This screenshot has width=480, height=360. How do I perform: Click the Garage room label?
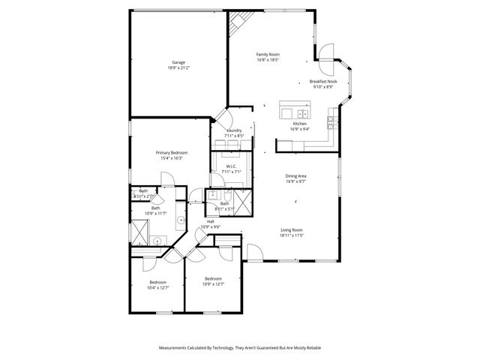coord(178,62)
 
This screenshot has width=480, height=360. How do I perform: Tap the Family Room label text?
coord(267,55)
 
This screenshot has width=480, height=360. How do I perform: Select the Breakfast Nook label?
coord(322,82)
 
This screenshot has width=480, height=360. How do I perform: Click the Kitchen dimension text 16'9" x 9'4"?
coord(299,129)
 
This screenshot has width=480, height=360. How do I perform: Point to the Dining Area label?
coord(295,176)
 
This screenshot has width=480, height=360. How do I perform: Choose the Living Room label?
coord(291,230)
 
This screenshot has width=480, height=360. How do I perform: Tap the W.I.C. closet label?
coord(231,166)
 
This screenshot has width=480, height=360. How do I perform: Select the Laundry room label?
coord(233,130)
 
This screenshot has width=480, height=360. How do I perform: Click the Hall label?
coord(211,222)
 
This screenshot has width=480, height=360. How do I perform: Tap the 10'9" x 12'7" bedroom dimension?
coord(213,284)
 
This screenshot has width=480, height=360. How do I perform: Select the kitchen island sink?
coord(299,112)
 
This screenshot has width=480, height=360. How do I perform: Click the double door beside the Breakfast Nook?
coord(328,52)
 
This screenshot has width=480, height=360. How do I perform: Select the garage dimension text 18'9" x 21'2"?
coord(178,67)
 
